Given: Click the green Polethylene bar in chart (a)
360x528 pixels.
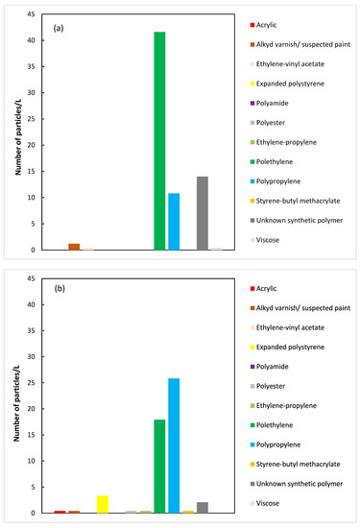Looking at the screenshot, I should pyautogui.click(x=159, y=141).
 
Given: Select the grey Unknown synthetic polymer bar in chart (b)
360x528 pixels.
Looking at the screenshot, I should pyautogui.click(x=203, y=508).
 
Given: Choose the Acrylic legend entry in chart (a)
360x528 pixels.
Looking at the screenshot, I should pyautogui.click(x=278, y=24).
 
